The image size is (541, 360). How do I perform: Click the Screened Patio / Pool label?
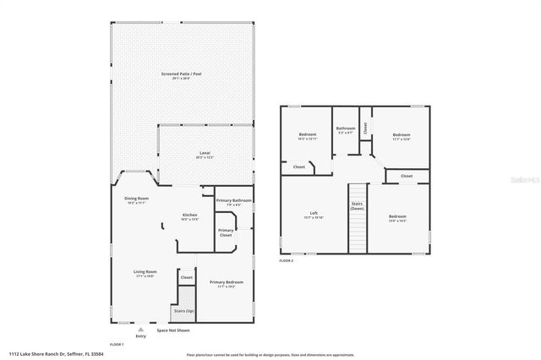181,74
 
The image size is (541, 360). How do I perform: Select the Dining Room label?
136,199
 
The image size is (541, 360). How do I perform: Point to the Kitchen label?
190,216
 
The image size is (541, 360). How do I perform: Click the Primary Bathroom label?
233,201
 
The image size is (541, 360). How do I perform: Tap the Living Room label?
145,272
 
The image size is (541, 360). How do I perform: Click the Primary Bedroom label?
226,282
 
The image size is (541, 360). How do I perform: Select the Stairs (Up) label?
183,311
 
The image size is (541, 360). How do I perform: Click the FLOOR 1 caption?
117,345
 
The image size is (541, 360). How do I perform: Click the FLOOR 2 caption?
287,260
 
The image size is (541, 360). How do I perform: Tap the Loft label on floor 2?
314,213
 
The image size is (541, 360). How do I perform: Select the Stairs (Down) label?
357,205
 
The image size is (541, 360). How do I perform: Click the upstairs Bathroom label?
347,129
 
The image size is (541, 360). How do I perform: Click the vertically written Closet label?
364,128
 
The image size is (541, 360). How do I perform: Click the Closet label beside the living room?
186,277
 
